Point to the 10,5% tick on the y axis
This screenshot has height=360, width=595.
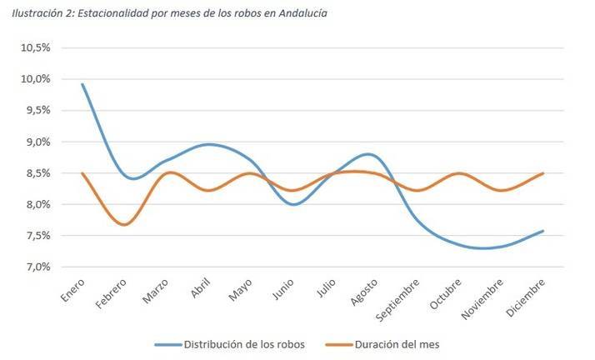coord(37,47)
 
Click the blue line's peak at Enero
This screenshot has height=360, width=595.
coord(82,84)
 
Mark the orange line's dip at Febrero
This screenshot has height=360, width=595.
coord(124,225)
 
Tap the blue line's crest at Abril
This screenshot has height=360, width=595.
coord(209,144)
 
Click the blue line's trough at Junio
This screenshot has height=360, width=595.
coord(292,204)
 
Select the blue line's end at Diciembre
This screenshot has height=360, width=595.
coord(544,231)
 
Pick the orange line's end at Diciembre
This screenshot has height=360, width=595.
coord(544,173)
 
